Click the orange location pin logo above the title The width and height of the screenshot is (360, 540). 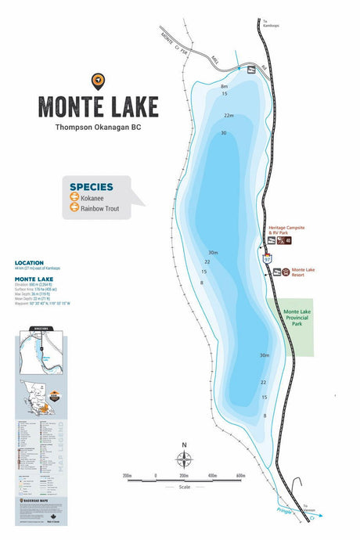tap(98, 79)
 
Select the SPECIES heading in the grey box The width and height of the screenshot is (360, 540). tap(91, 187)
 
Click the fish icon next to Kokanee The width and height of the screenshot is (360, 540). tap(74, 199)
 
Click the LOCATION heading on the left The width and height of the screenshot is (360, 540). tap(29, 263)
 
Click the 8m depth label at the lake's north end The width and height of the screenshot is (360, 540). tap(224, 86)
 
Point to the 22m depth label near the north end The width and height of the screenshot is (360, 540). tap(229, 116)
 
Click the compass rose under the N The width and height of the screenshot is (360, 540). tap(184, 461)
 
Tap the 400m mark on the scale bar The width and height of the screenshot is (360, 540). tap(212, 475)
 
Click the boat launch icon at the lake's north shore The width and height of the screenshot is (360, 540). tap(251, 70)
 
